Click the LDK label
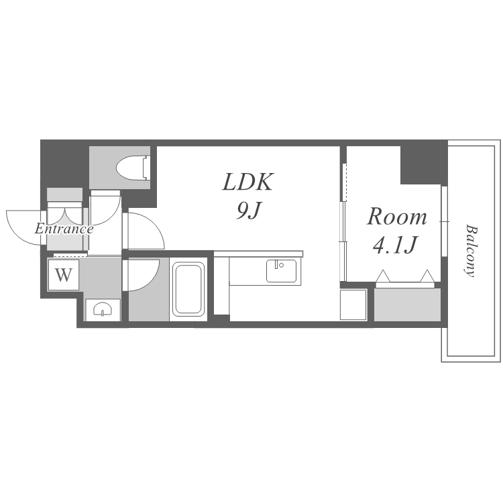pyautogui.click(x=247, y=182)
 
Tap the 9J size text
pyautogui.click(x=247, y=211)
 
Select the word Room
pyautogui.click(x=397, y=217)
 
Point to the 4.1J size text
pyautogui.click(x=395, y=244)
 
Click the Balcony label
pyautogui.click(x=471, y=251)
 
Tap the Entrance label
pyautogui.click(x=64, y=229)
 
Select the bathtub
pyautogui.click(x=188, y=289)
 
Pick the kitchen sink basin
pyautogui.click(x=281, y=271)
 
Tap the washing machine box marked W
pyautogui.click(x=64, y=275)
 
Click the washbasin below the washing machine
pyautogui.click(x=103, y=310)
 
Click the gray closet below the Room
pyautogui.click(x=407, y=304)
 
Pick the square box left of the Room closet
pyautogui.click(x=353, y=304)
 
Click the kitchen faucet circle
pyautogui.click(x=281, y=265)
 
